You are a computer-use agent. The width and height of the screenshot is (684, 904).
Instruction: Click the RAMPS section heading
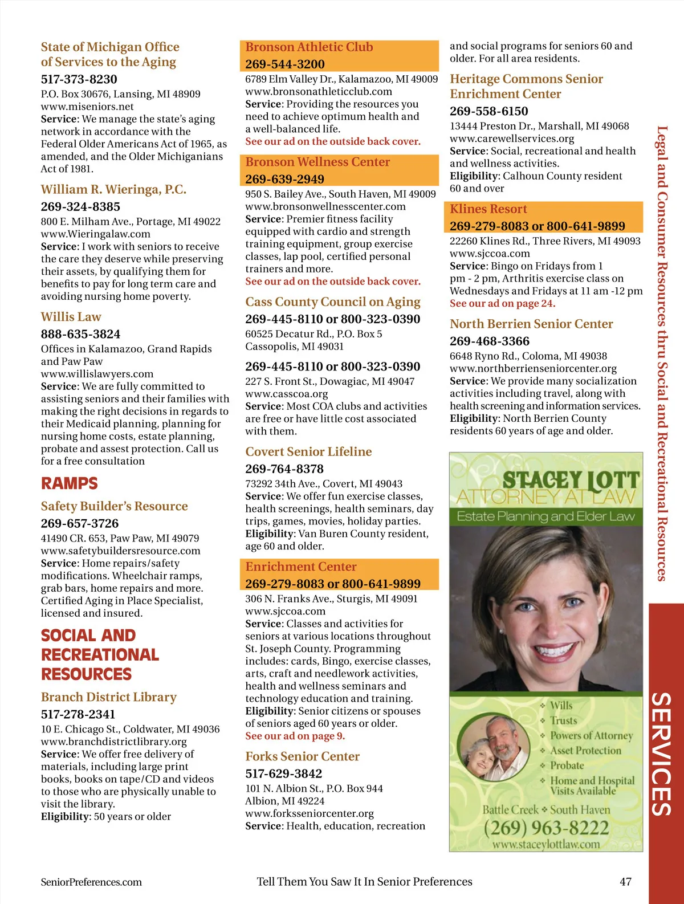pos(69,483)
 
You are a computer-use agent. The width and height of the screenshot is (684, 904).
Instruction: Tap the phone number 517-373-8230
pos(79,79)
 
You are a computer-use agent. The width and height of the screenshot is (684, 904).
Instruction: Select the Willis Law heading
pos(71,317)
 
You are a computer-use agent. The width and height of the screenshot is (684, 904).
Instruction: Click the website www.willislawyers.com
pos(97,374)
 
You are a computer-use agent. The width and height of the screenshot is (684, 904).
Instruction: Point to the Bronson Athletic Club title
pos(309,47)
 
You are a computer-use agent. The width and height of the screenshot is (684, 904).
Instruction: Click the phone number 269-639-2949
pos(284,179)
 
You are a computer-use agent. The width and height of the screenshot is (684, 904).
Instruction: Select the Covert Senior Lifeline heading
pos(308,452)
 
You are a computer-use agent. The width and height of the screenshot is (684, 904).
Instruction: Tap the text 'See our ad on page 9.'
pos(295,736)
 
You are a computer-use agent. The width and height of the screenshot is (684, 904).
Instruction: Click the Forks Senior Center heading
pos(302,756)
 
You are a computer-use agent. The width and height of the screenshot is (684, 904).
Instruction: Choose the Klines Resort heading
pos(488,209)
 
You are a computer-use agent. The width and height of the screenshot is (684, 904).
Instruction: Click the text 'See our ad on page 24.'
pos(502,304)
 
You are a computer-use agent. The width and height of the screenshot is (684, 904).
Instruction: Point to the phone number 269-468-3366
pos(489,341)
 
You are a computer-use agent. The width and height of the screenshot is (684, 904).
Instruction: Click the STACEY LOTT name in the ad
pos(570,480)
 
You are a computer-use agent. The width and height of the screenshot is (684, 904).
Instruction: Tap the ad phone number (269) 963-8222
pos(546,827)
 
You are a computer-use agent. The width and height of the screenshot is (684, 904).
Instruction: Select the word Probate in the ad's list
pos(567,765)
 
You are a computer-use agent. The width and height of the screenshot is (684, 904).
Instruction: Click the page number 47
pos(625,882)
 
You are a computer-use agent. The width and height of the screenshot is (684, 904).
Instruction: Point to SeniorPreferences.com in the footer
pos(91,882)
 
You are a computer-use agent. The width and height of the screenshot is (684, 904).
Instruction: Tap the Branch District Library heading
pos(108,697)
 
